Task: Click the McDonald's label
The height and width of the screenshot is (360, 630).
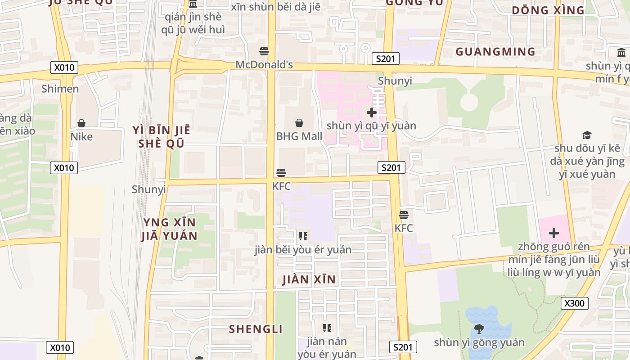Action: [264, 65]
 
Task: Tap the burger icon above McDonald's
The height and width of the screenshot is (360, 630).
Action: [264, 51]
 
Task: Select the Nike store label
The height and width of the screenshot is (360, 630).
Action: [81, 136]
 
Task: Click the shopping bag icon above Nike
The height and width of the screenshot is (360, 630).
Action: [81, 123]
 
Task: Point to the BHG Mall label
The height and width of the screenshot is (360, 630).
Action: [299, 136]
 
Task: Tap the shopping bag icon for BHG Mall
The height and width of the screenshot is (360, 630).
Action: [299, 122]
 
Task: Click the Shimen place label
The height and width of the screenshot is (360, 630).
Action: [60, 89]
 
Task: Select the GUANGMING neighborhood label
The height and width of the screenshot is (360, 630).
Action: [495, 52]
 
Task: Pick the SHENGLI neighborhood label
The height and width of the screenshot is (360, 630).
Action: [256, 329]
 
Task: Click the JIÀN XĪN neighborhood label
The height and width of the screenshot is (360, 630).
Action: [309, 279]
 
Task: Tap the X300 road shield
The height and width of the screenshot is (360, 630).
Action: [574, 303]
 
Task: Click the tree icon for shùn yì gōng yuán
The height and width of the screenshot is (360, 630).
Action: [479, 329]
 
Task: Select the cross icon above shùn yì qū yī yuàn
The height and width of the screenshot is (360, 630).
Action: [372, 112]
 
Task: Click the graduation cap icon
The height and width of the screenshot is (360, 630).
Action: [587, 135]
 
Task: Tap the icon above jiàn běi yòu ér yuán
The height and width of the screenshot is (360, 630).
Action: [303, 236]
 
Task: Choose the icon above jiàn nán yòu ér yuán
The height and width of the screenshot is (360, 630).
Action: [327, 328]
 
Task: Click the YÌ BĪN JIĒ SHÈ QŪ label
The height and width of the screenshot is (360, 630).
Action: [162, 137]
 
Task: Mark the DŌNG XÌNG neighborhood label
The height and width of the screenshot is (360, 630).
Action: [548, 10]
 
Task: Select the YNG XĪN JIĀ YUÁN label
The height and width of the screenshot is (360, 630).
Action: [169, 229]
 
